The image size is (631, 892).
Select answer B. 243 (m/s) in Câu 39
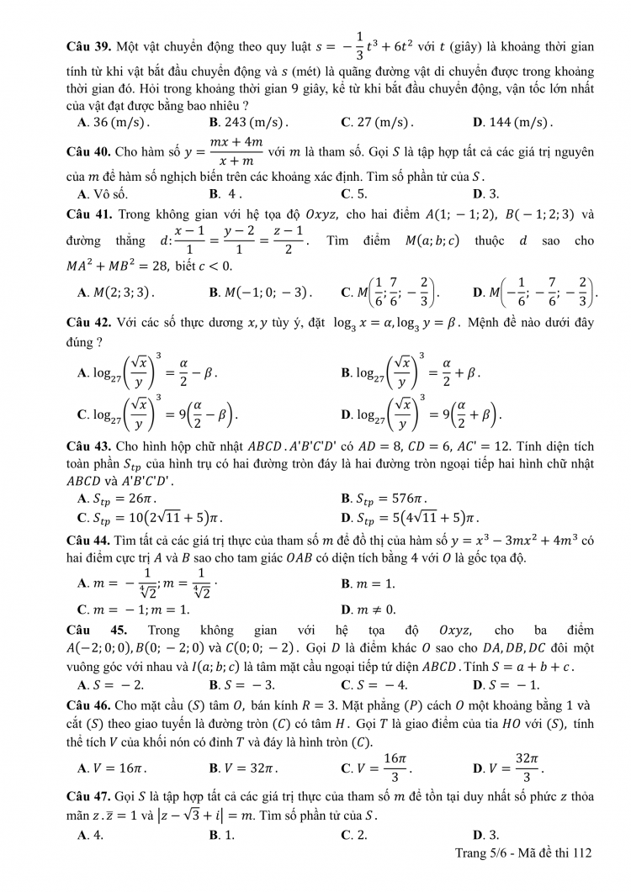[x=248, y=122]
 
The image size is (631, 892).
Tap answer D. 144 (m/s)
[x=512, y=122]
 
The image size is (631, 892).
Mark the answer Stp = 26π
[x=113, y=498]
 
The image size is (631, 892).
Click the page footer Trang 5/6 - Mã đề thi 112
[x=518, y=852]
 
